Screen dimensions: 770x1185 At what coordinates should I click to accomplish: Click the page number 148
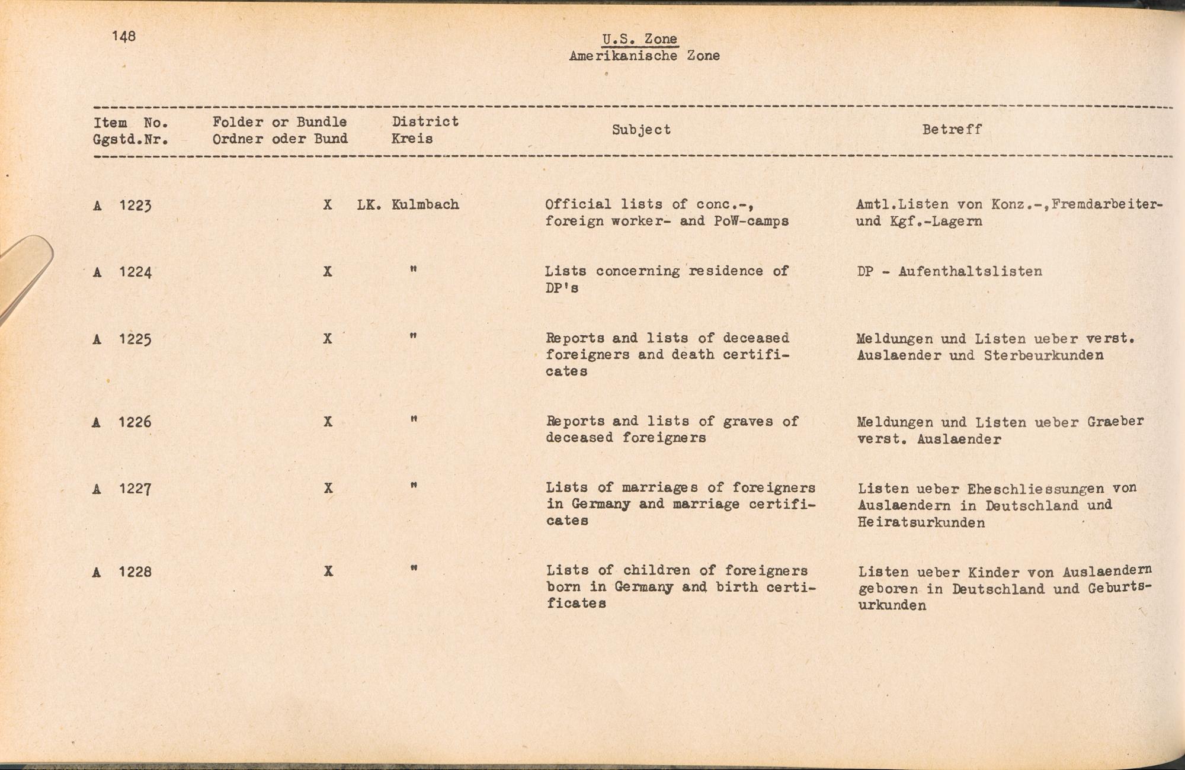(x=124, y=37)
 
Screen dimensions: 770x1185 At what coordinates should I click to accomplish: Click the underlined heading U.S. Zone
(x=639, y=39)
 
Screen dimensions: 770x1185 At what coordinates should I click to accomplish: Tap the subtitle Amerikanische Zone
(x=644, y=56)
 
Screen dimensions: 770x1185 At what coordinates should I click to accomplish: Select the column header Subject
(x=641, y=130)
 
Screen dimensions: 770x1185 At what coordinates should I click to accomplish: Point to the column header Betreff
(x=952, y=129)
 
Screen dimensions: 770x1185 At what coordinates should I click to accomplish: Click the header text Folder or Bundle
(x=280, y=122)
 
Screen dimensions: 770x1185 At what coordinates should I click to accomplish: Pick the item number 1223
(x=135, y=206)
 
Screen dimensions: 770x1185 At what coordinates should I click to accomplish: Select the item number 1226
(x=135, y=422)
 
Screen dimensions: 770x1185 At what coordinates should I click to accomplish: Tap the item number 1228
(x=135, y=572)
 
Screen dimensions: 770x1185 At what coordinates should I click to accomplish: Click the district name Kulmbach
(x=425, y=205)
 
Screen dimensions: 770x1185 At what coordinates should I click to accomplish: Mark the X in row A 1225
(x=328, y=339)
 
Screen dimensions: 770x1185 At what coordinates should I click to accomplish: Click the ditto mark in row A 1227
(x=414, y=486)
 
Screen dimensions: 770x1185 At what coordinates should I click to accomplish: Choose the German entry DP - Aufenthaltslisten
(x=949, y=272)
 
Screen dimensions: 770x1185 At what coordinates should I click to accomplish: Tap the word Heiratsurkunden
(x=921, y=522)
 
